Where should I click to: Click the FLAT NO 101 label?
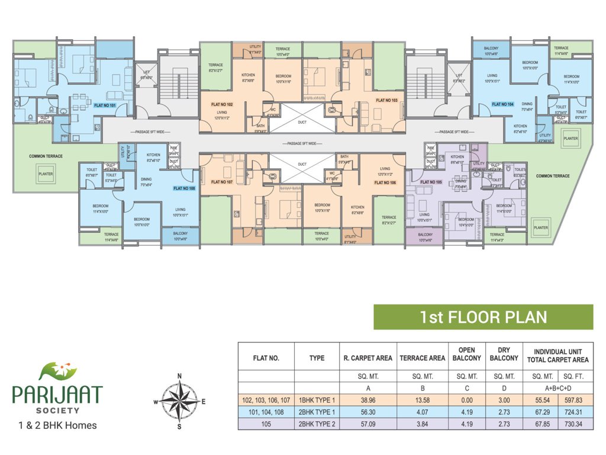pyautogui.click(x=105, y=105)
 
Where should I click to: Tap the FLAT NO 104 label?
pyautogui.click(x=502, y=104)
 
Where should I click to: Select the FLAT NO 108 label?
pyautogui.click(x=183, y=188)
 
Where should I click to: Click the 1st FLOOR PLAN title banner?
pyautogui.click(x=483, y=317)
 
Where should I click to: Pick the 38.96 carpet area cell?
pyautogui.click(x=368, y=400)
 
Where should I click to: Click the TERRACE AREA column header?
pyautogui.click(x=422, y=358)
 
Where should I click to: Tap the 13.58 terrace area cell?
pyautogui.click(x=422, y=400)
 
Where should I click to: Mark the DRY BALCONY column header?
pyautogui.click(x=504, y=354)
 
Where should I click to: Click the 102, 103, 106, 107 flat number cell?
pyautogui.click(x=266, y=400)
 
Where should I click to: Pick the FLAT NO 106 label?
pyautogui.click(x=385, y=184)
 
